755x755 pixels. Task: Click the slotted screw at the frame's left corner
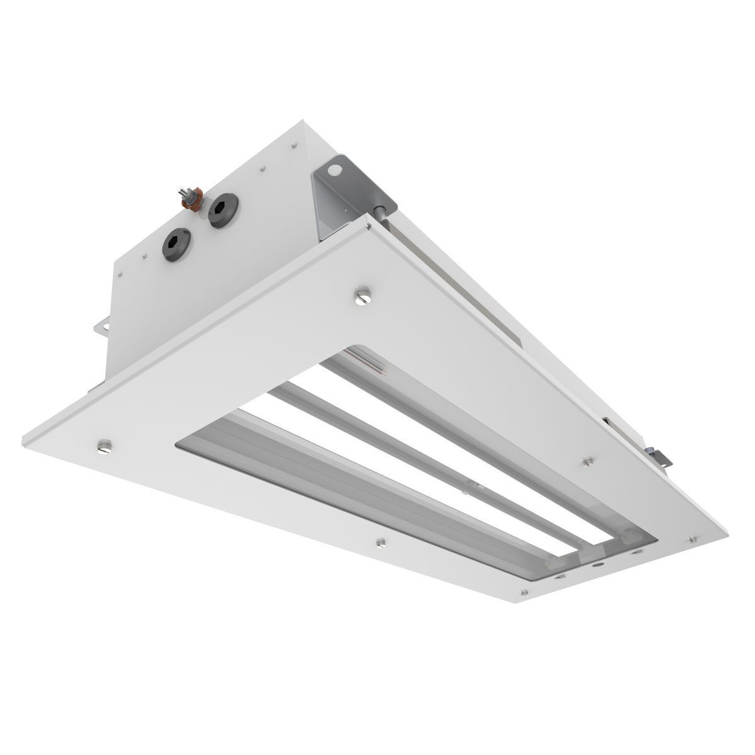104,447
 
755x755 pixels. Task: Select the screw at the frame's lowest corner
523,593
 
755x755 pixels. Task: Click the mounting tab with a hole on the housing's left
101,327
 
